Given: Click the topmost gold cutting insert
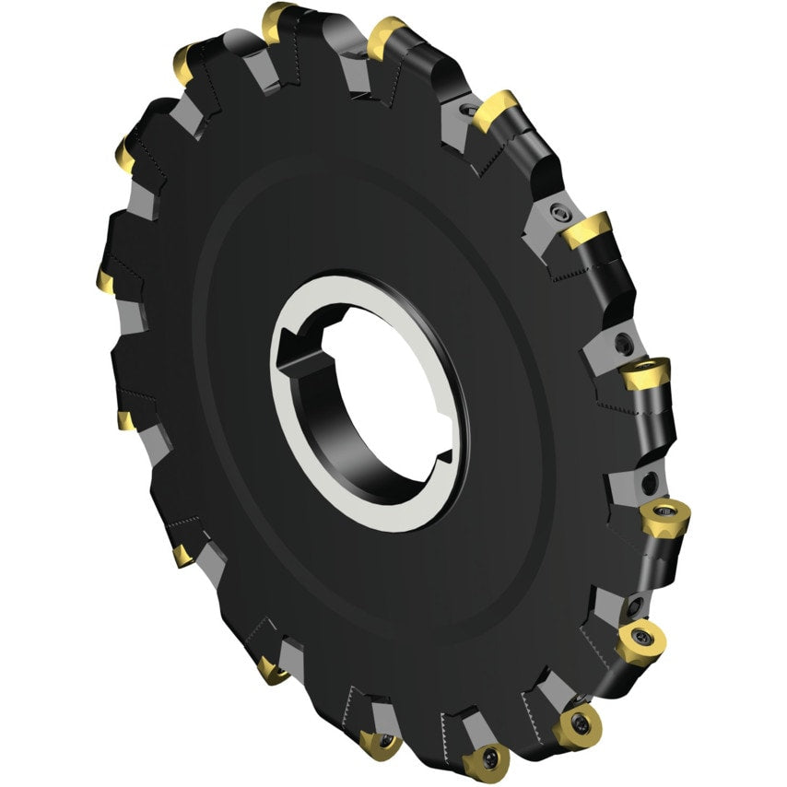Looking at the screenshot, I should point(276,19).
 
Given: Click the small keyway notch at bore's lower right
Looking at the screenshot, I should point(444,453).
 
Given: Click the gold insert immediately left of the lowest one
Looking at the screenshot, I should point(379,741).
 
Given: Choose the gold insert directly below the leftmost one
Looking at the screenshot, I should point(124,420).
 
